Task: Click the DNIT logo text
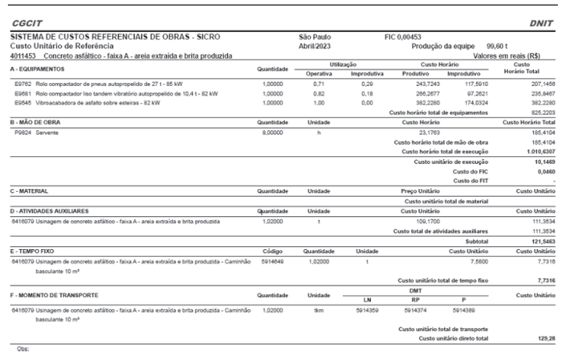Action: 537,24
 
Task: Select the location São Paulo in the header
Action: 315,38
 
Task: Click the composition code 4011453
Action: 23,55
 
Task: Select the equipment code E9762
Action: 22,84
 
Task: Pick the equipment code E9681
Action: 22,93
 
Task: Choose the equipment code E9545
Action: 22,103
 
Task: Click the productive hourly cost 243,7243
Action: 419,84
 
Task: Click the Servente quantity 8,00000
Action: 274,132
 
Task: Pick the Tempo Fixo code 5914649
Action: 275,260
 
